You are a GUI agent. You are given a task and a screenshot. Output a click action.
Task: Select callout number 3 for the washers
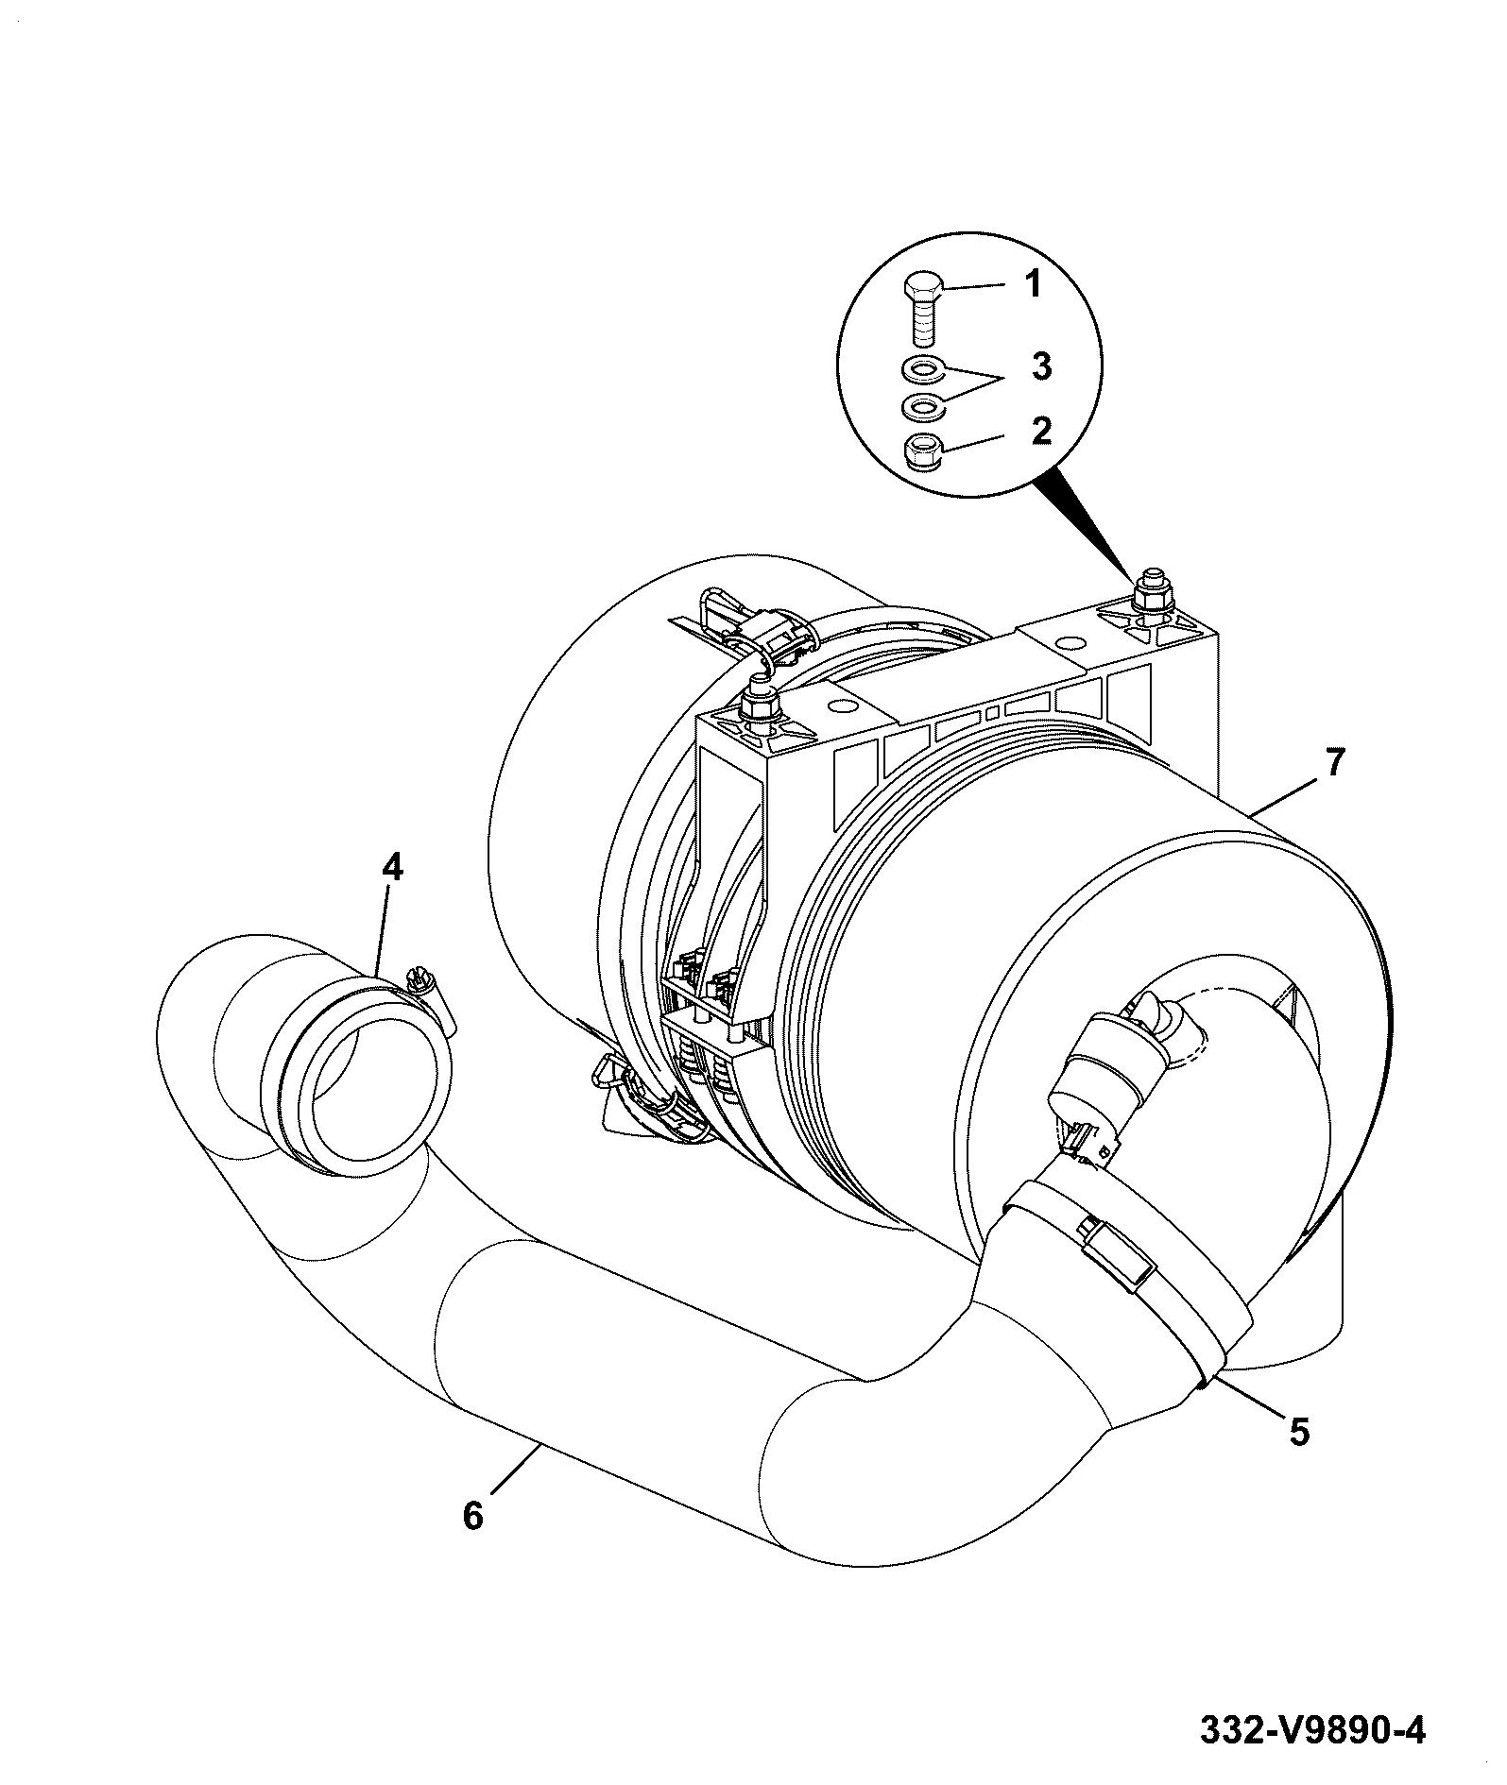click(x=1041, y=366)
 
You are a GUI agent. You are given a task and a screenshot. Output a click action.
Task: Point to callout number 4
click(x=391, y=867)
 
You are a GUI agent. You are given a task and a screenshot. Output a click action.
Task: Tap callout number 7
click(x=1332, y=763)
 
